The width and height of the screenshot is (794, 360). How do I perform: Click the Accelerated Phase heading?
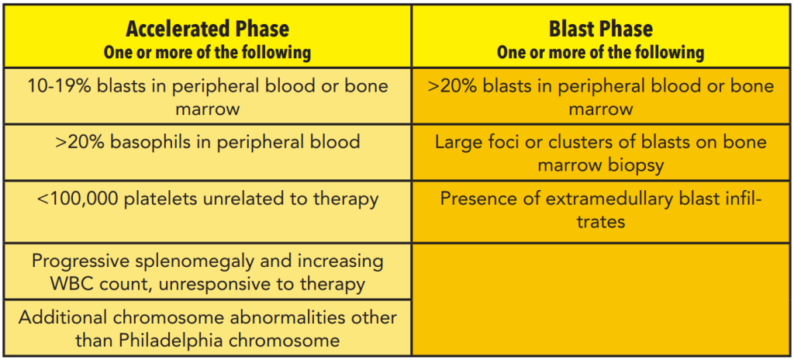[x=207, y=29]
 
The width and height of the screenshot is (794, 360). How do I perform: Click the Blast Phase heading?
[x=601, y=29]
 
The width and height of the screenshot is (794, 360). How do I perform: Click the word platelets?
[x=157, y=199]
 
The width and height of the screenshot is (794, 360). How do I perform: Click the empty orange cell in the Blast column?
[x=601, y=299]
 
